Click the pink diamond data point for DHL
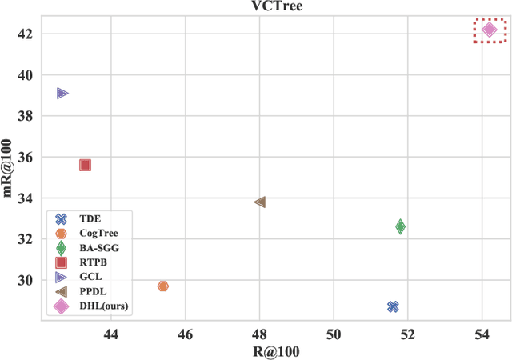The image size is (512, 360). (490, 30)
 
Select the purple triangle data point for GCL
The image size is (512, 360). (62, 94)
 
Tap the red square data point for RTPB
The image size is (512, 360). (85, 165)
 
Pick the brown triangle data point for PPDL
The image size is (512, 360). (259, 202)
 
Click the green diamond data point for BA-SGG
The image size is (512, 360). (400, 227)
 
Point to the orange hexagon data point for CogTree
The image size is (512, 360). (163, 286)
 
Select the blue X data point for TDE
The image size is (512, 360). (393, 306)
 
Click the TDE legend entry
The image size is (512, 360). (88, 218)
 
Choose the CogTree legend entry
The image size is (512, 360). (98, 233)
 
